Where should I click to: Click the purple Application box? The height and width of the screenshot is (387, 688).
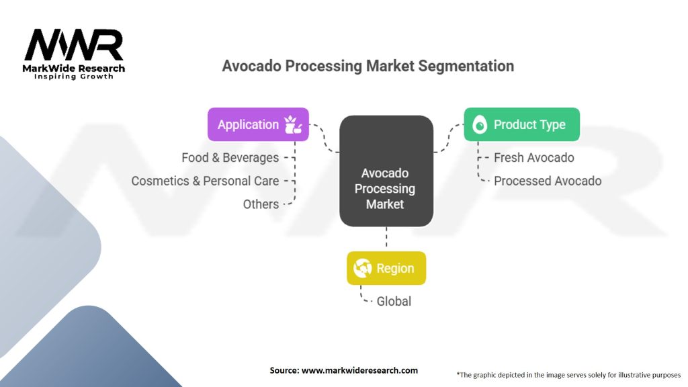pyautogui.click(x=258, y=124)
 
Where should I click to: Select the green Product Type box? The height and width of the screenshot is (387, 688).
pyautogui.click(x=521, y=124)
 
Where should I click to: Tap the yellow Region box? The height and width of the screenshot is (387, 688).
pyautogui.click(x=386, y=268)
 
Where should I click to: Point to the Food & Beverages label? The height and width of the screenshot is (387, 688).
pyautogui.click(x=230, y=157)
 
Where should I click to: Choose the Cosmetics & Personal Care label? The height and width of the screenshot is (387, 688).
pyautogui.click(x=205, y=181)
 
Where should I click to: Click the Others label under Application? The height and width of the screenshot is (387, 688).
pyautogui.click(x=261, y=204)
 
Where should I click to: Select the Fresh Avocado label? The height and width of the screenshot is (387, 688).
pyautogui.click(x=533, y=157)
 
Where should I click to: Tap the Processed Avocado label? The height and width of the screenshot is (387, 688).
pyautogui.click(x=547, y=181)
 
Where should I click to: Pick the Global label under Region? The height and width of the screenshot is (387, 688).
pyautogui.click(x=394, y=302)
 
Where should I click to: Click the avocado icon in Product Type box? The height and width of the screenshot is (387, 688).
pyautogui.click(x=479, y=124)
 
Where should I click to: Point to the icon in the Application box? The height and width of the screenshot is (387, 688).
pyautogui.click(x=293, y=124)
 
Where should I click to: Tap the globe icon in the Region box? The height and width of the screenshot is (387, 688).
pyautogui.click(x=363, y=268)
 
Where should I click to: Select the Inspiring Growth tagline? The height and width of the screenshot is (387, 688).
pyautogui.click(x=74, y=77)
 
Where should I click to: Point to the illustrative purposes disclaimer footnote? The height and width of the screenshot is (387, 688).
pyautogui.click(x=568, y=375)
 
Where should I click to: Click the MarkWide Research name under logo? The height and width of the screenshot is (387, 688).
pyautogui.click(x=74, y=68)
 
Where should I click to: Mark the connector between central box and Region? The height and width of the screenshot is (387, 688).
pyautogui.click(x=386, y=239)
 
